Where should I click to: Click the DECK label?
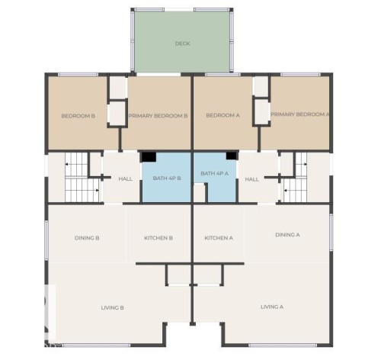tap(182, 43)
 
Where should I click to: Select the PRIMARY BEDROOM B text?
tap(158, 116)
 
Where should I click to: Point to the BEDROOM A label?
tap(223, 116)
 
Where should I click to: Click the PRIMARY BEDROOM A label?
tap(299, 114)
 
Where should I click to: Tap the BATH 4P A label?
tap(215, 174)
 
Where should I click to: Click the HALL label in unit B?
tap(125, 179)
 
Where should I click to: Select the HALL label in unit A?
tap(252, 179)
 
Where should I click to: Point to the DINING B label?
tap(87, 238)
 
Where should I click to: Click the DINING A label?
tap(287, 235)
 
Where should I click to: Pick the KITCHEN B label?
tap(158, 238)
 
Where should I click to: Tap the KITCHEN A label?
tap(219, 238)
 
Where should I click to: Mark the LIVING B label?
tap(112, 307)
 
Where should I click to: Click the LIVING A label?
tap(272, 307)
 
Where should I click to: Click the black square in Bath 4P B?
tap(149, 157)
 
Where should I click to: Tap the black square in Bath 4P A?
tap(231, 156)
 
